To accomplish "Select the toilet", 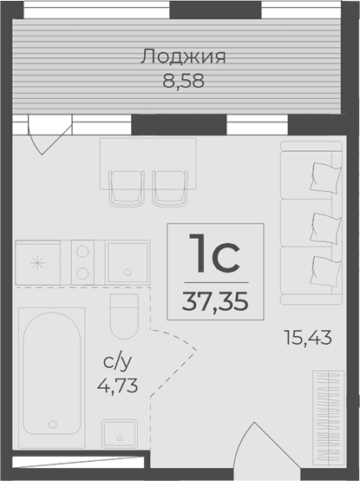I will pyautogui.click(x=124, y=316).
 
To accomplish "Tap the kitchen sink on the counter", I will pyautogui.click(x=128, y=260).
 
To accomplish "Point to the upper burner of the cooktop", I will pyautogui.click(x=83, y=252).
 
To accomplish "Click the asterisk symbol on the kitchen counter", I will pyautogui.click(x=37, y=261).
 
